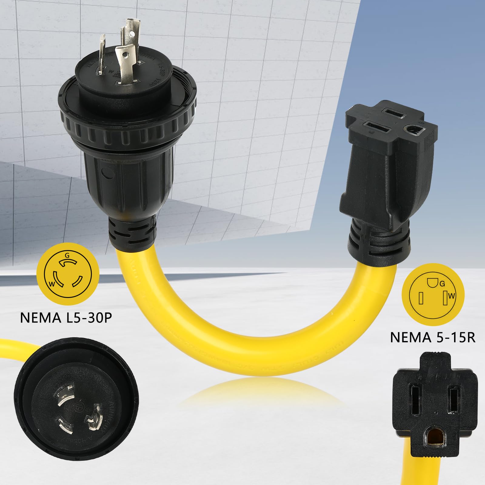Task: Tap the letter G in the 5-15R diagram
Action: pos(442,284)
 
